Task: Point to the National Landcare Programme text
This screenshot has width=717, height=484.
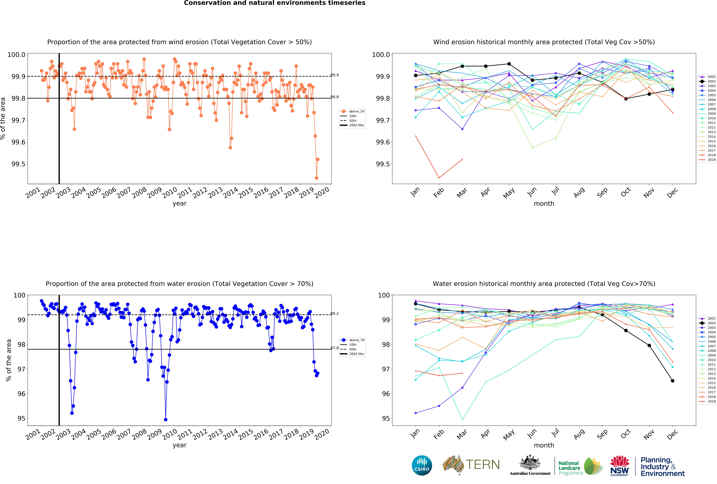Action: click(570, 468)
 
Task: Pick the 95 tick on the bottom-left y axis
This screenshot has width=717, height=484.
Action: click(21, 418)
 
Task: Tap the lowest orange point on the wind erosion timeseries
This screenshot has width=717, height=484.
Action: click(316, 178)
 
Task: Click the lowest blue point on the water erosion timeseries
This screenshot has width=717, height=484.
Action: click(166, 420)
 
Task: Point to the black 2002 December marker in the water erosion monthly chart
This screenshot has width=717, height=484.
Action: click(673, 381)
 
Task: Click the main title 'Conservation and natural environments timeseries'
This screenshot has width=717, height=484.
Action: click(275, 3)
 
